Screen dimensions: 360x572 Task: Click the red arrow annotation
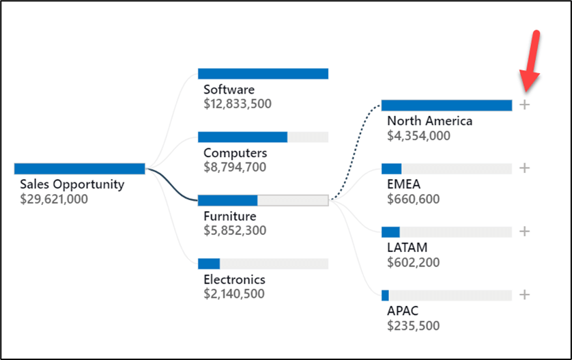pos(532,61)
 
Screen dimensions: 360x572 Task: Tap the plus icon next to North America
pos(524,105)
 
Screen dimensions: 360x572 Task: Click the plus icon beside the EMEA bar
pos(524,168)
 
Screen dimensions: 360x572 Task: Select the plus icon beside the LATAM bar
pos(524,232)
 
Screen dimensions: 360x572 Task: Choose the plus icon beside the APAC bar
pos(524,294)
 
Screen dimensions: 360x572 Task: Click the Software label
pos(229,89)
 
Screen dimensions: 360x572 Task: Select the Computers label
pos(235,153)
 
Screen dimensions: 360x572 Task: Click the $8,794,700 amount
pos(235,167)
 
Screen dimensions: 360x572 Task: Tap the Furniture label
pos(229,217)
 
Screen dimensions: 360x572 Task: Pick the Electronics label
pos(234,279)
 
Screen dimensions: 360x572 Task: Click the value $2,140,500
pos(235,294)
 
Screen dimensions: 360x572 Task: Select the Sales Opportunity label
pos(72,184)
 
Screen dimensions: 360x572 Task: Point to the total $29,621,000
pos(54,199)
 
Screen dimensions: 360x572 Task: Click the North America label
pos(429,121)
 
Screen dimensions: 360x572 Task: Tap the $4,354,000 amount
pos(418,136)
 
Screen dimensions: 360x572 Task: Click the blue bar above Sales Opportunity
pos(79,169)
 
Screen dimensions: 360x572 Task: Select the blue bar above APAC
pos(385,295)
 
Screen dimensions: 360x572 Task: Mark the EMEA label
pos(403,184)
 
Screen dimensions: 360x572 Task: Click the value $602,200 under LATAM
pos(414,262)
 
